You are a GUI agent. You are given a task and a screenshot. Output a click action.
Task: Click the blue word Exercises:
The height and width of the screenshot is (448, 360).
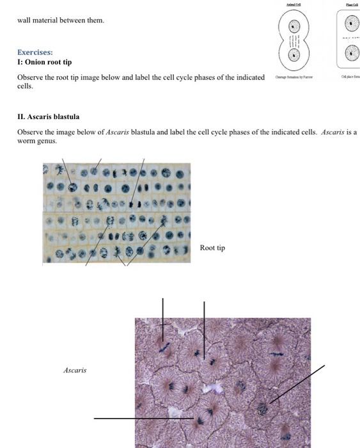point(35,52)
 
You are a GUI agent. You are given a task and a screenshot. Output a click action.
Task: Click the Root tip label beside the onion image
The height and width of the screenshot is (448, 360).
point(212,248)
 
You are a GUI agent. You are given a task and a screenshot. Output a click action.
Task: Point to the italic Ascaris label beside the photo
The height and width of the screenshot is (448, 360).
point(75,370)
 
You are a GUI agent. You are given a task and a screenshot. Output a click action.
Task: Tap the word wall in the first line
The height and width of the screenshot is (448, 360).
point(24,20)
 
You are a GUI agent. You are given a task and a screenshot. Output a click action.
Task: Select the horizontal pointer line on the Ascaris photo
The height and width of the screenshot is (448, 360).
point(141,419)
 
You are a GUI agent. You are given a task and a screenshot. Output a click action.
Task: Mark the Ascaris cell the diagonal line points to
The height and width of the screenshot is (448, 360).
point(262,408)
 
